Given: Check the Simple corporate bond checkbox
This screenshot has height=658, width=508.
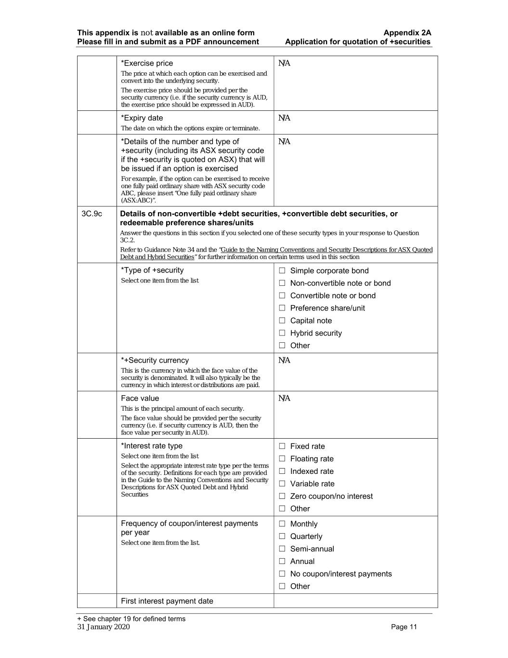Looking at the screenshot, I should point(282,271).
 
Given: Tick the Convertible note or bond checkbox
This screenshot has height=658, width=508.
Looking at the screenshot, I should point(282,296).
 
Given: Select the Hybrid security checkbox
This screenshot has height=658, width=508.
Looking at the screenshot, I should point(282,333).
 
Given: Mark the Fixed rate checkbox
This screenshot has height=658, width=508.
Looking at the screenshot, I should point(282,446).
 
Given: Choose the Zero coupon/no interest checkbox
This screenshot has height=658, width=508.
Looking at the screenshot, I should point(282,497).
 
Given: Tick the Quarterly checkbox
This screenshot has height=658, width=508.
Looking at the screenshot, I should point(282,537).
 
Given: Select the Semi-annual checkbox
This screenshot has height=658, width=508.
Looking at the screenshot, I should point(282,549).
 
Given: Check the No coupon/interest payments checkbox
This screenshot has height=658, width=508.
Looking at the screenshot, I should point(282,574).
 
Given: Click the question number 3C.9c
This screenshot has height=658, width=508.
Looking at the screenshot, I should point(92,214).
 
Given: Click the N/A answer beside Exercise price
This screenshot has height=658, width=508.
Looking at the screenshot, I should point(284,63).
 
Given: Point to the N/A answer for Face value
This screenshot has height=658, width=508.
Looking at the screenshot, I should point(284,398).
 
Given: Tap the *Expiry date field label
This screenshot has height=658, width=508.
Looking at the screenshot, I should point(142,118).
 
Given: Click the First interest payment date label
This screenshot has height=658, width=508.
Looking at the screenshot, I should point(167,601).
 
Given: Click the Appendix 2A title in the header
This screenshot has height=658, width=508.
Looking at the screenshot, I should point(407,33).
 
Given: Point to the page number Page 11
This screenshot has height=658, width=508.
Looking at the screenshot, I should point(404,627).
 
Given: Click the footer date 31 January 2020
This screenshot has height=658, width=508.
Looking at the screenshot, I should point(104,627).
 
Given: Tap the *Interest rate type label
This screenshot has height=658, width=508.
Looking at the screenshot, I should point(152,446).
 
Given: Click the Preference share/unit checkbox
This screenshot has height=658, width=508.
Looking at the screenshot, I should point(282,309).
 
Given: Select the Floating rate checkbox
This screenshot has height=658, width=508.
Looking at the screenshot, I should point(282,459).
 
